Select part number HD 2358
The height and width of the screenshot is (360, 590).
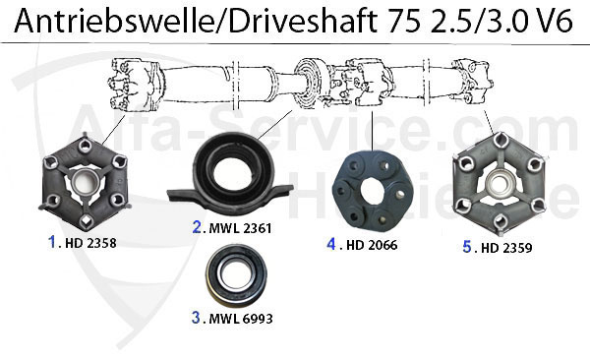(x=90, y=243)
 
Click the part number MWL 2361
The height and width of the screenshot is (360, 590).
(x=240, y=228)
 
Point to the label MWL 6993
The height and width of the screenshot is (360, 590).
(x=241, y=319)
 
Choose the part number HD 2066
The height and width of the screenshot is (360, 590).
(x=372, y=245)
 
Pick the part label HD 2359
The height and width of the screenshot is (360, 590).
(x=506, y=248)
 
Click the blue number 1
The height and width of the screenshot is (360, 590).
(x=52, y=242)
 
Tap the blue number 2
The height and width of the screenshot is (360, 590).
(x=197, y=227)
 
